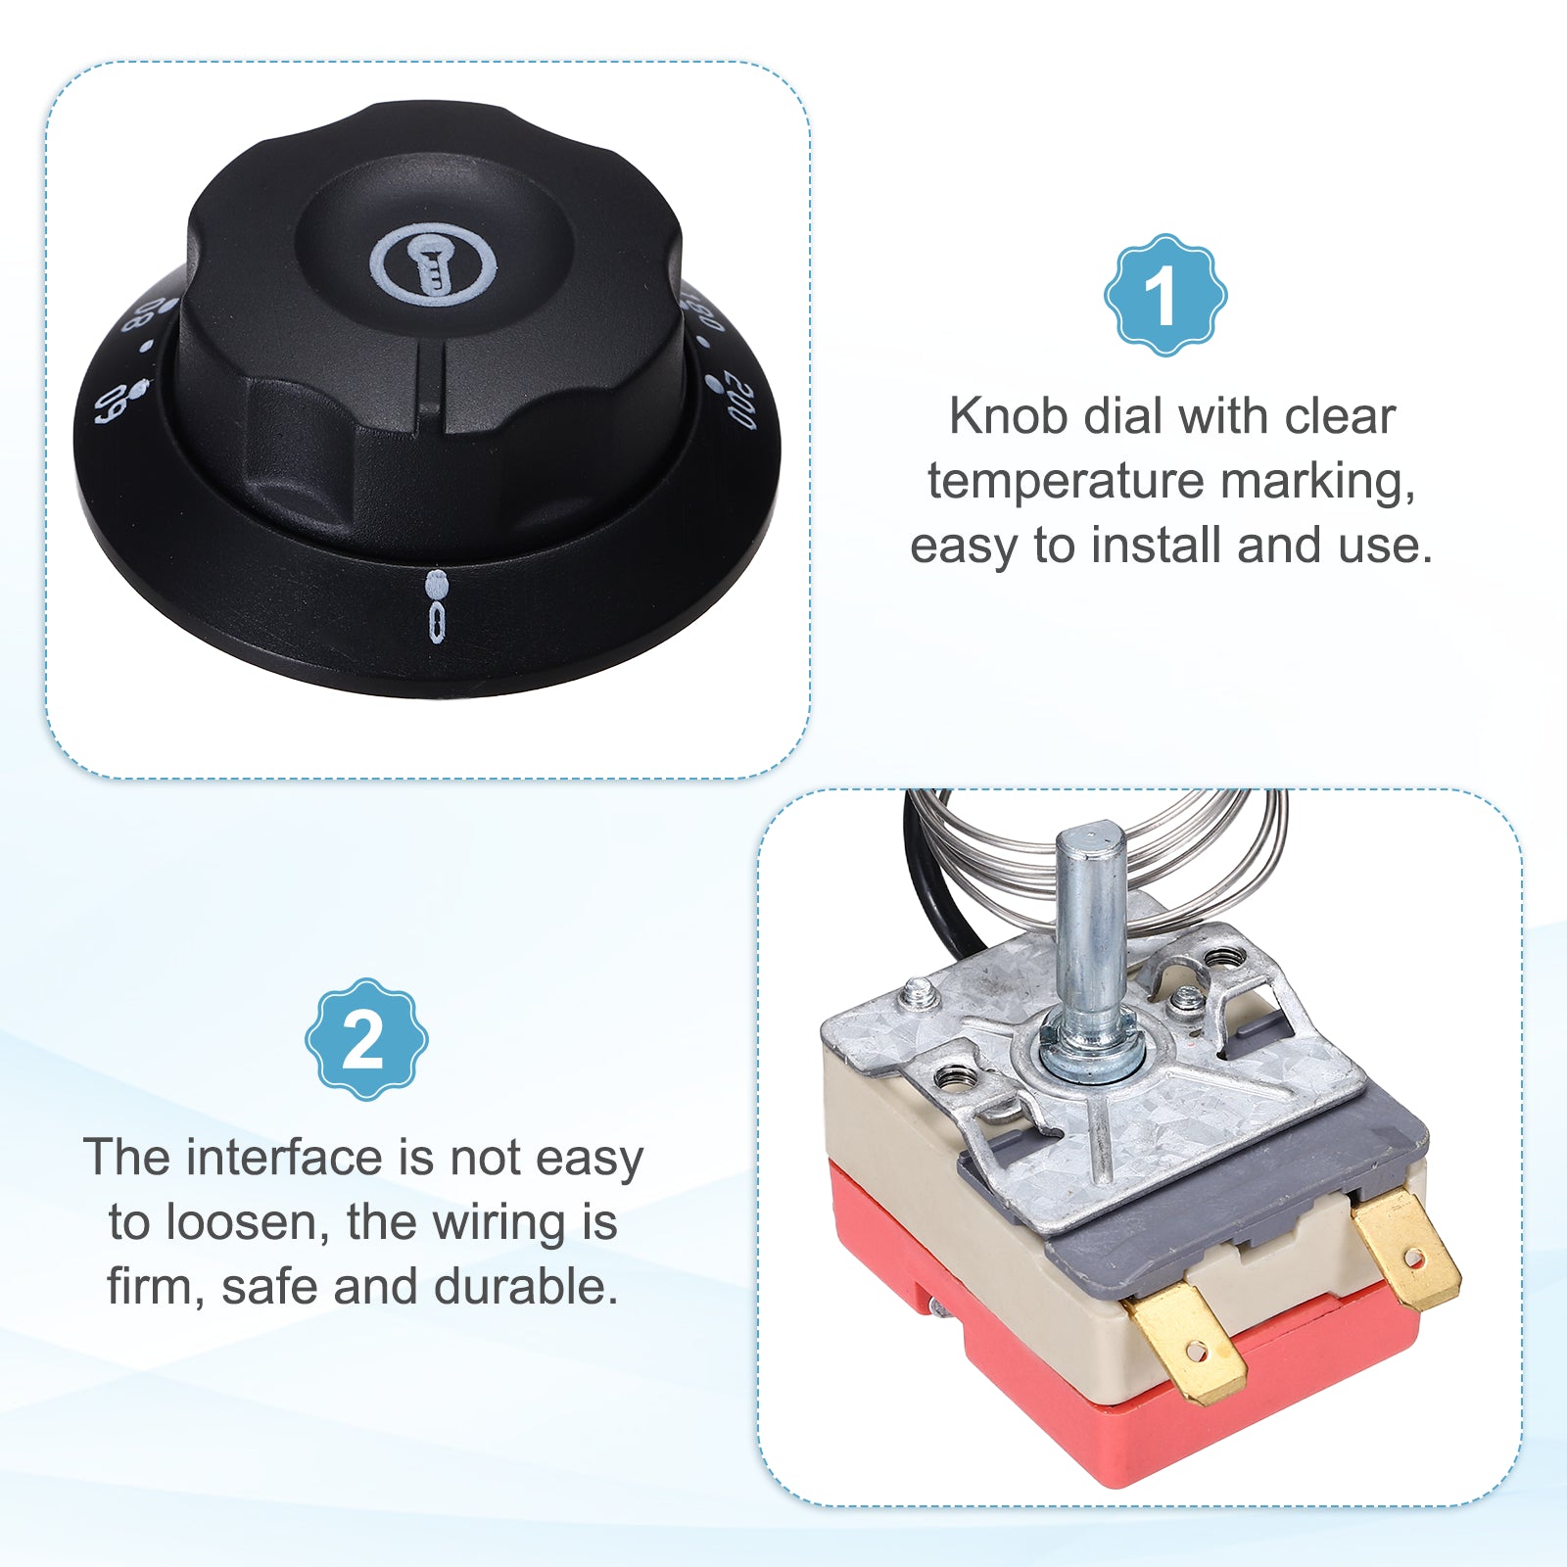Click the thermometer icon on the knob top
click(x=433, y=263)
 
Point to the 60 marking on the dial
click(x=110, y=404)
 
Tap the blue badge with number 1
click(x=1165, y=295)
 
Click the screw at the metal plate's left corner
click(x=920, y=995)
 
